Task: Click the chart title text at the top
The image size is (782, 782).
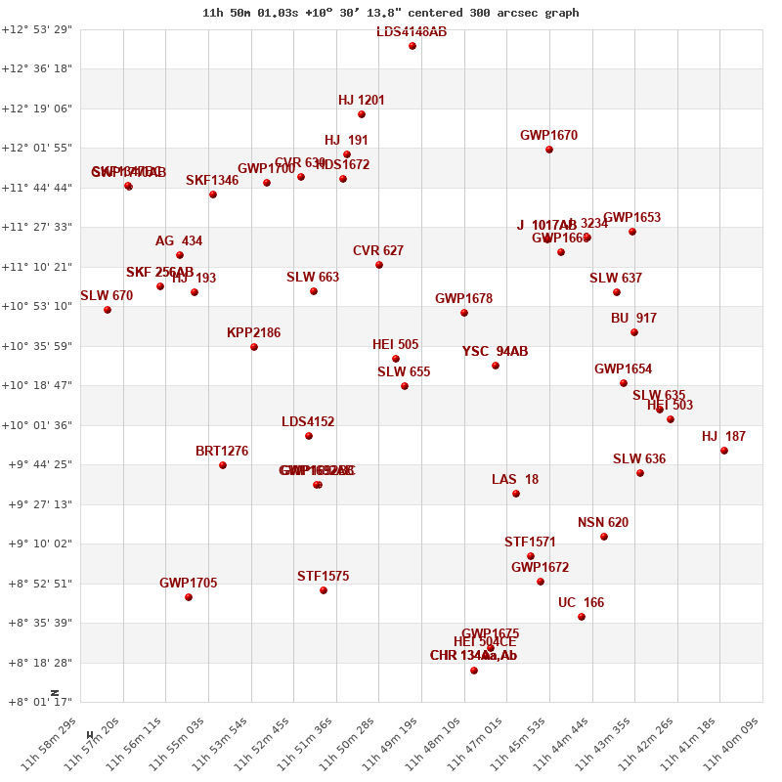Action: (x=390, y=13)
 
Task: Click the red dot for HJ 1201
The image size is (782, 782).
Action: (x=362, y=114)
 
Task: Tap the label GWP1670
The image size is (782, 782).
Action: (x=548, y=135)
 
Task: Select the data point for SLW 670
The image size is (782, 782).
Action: (x=108, y=310)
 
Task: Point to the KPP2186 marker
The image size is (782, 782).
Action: (x=254, y=347)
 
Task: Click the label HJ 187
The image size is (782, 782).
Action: (x=723, y=436)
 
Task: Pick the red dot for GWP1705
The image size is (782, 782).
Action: (x=189, y=597)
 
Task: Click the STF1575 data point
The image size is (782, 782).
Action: (x=324, y=590)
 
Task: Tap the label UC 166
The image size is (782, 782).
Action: (x=581, y=602)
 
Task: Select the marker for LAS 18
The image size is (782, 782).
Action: (x=516, y=494)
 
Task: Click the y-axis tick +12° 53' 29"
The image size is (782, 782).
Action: (x=37, y=29)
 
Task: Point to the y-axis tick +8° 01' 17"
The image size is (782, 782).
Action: (x=37, y=702)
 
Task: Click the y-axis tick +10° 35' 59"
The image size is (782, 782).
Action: (x=37, y=346)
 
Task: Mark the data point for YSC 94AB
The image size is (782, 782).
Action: (x=496, y=366)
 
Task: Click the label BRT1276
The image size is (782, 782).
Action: (x=222, y=451)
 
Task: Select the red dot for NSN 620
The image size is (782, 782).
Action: (x=604, y=537)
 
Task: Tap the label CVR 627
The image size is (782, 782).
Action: (x=378, y=250)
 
